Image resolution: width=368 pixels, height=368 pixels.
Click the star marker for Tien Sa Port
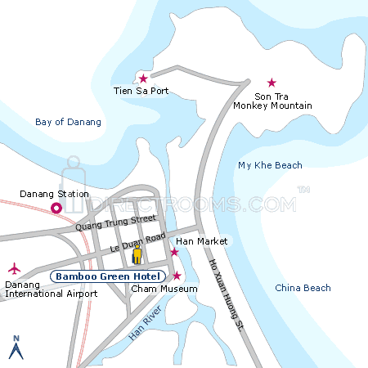(143, 79)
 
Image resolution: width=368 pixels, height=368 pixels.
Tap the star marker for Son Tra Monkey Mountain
(272, 83)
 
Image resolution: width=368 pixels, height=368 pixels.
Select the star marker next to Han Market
(173, 252)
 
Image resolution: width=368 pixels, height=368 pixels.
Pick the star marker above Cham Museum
(177, 275)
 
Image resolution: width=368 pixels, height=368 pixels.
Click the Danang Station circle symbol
(56, 209)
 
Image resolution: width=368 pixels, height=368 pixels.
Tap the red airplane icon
(14, 268)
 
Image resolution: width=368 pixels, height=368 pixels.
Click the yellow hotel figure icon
(137, 256)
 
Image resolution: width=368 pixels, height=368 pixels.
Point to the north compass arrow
(15, 348)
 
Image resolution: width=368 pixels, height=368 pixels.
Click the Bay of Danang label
(69, 122)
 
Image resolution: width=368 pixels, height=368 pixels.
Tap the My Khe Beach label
(270, 165)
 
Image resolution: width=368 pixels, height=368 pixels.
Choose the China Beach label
(303, 288)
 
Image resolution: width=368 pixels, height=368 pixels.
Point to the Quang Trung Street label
(114, 222)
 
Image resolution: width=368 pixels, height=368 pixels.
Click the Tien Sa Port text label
(141, 91)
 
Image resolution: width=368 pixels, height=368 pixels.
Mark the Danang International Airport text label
(45, 288)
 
